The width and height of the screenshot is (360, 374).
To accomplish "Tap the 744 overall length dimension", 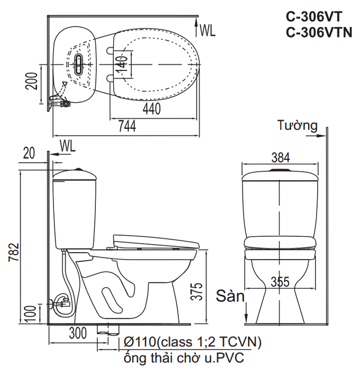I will coord(127,126).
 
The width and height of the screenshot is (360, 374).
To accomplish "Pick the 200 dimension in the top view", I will coord(32,81).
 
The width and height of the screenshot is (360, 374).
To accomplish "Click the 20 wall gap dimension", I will coord(29,153).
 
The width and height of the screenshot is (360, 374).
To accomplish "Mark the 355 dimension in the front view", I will coord(279,282).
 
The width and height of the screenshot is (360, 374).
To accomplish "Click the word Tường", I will coord(297,126).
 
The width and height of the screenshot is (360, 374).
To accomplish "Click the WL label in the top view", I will coord(208,30).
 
